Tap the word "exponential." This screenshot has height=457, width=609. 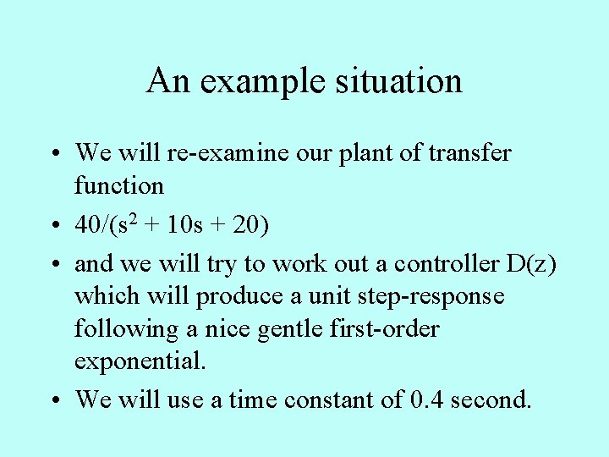click(140, 361)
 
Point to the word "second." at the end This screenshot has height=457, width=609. click(491, 399)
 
